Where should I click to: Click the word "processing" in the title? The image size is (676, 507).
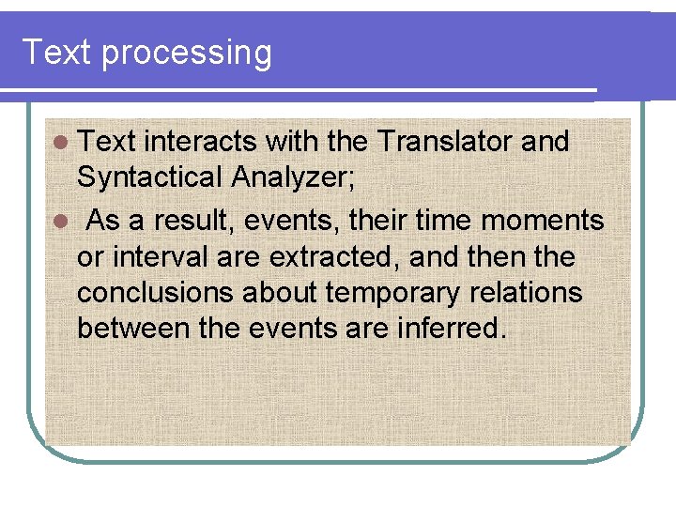pyautogui.click(x=186, y=54)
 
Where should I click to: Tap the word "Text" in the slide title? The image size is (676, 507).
pyautogui.click(x=57, y=52)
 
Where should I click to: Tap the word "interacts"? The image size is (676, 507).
pyautogui.click(x=202, y=142)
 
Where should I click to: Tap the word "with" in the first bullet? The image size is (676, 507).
pyautogui.click(x=288, y=142)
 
